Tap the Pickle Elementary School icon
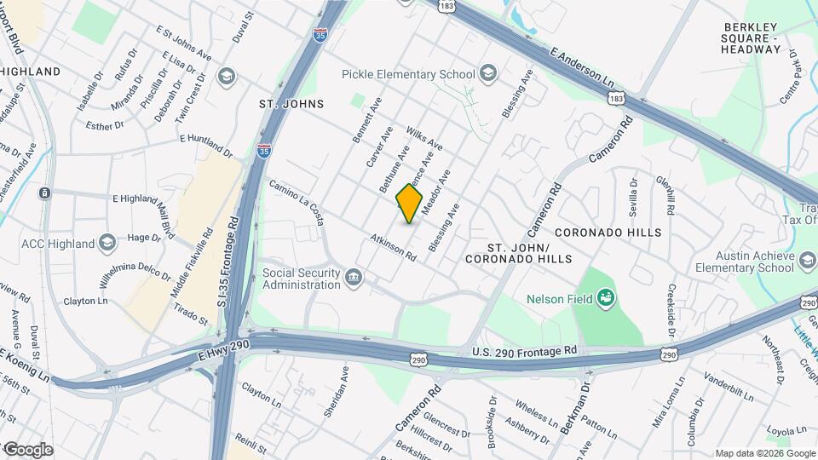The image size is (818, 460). tap(488, 74)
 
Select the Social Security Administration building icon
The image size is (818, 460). tap(353, 278)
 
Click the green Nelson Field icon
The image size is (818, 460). tap(607, 298)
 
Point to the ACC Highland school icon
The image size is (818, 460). tap(107, 244)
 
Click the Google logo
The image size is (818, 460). tap(27, 450)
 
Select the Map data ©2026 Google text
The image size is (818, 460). tap(764, 453)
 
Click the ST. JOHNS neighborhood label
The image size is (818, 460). tap(292, 104)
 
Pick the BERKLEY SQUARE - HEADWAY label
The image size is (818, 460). tap(751, 37)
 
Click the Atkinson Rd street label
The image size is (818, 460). tap(393, 248)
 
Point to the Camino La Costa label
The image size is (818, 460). tap(297, 203)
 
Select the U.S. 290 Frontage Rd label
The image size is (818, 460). tap(524, 351)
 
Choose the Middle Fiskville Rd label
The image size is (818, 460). tap(192, 263)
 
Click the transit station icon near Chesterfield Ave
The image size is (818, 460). tap(43, 193)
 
